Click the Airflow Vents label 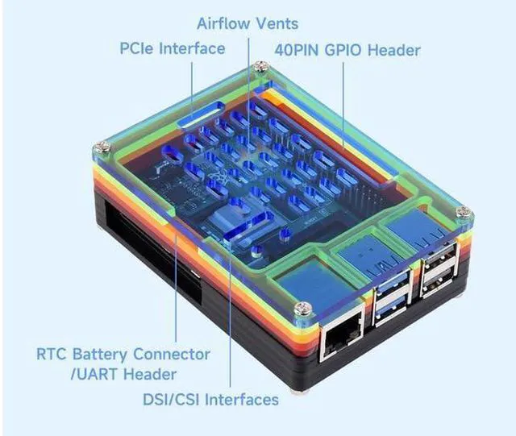pos(248,23)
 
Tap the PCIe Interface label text pos(172,48)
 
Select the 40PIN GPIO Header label pos(347,50)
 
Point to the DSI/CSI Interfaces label pos(210,400)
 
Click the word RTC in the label pos(52,355)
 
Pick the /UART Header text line pos(123,375)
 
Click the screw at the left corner pos(102,147)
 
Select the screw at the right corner pos(464,212)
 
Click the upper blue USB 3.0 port pos(392,282)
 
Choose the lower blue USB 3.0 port pos(392,309)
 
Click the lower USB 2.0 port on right pos(440,283)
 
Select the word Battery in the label pos(100,355)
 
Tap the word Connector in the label pos(172,355)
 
